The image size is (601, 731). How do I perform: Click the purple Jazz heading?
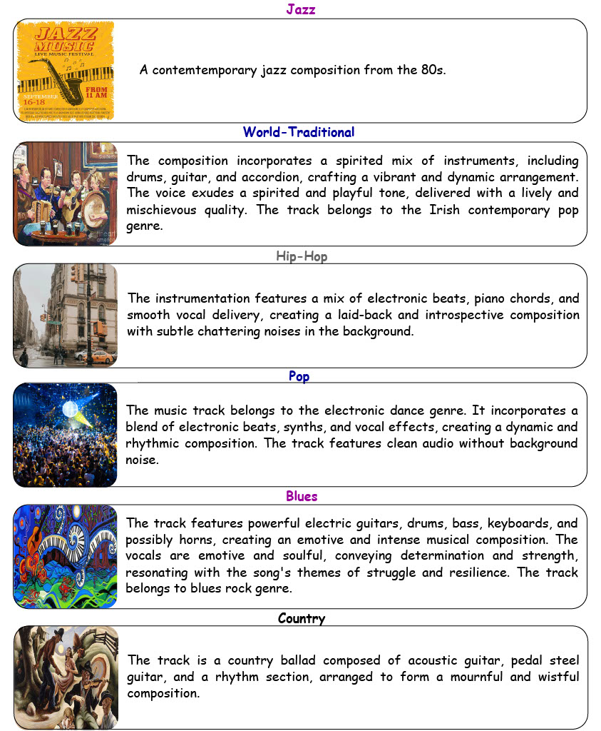pyautogui.click(x=300, y=9)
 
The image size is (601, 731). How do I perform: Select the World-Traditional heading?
pyautogui.click(x=298, y=132)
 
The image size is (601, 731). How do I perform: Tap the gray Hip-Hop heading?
pyautogui.click(x=302, y=256)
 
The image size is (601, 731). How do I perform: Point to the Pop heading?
pyautogui.click(x=299, y=376)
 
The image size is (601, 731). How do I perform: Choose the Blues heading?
pyautogui.click(x=302, y=496)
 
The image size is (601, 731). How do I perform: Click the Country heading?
pyautogui.click(x=302, y=618)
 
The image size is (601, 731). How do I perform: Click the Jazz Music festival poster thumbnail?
pyautogui.click(x=65, y=71)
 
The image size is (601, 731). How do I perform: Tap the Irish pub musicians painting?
pyautogui.click(x=65, y=193)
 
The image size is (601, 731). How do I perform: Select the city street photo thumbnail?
pyautogui.click(x=65, y=316)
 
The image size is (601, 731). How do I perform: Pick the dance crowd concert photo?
pyautogui.click(x=65, y=435)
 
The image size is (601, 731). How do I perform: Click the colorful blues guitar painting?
pyautogui.click(x=65, y=557)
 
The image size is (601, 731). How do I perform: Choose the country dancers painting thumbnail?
pyautogui.click(x=65, y=677)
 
